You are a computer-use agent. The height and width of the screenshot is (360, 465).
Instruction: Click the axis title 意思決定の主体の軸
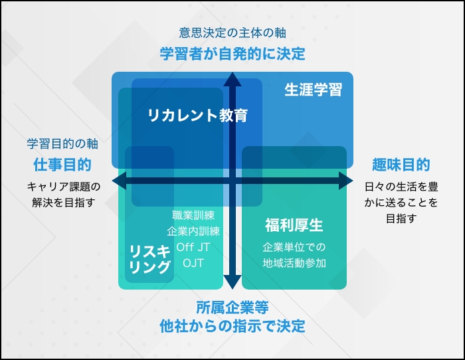pos(232,33)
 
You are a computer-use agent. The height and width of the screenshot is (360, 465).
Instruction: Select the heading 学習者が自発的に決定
pos(232,54)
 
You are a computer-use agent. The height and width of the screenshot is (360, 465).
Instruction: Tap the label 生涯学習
pos(313,90)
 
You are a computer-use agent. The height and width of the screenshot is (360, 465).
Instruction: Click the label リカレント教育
pos(197,116)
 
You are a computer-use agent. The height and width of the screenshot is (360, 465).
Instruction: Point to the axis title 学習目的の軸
pos(62,144)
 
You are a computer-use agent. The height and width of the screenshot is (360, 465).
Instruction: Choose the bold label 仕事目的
pos(62,165)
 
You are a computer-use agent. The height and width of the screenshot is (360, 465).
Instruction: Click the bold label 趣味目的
pos(401,165)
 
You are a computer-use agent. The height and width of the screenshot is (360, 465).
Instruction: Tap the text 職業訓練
pos(193,215)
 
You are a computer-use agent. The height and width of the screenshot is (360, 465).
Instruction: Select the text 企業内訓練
pos(193,231)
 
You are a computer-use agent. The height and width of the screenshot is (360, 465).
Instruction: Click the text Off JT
pos(193,247)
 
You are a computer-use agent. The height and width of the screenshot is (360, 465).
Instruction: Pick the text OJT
pos(193,263)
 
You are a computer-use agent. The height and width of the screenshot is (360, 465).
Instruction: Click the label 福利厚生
pos(294,225)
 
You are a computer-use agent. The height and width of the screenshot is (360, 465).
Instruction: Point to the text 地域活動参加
pos(294,263)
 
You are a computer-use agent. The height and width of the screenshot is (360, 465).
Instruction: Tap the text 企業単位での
pos(294,247)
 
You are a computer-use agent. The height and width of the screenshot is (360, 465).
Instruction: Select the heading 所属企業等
pos(232,308)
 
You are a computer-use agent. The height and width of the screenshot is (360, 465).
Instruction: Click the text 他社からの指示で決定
pos(232,326)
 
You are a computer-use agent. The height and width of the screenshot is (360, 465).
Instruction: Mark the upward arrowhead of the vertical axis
pos(232,79)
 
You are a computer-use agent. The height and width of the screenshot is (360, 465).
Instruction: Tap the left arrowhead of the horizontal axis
pos(119,181)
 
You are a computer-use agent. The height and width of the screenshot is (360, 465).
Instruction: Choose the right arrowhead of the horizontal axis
pos(346,181)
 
